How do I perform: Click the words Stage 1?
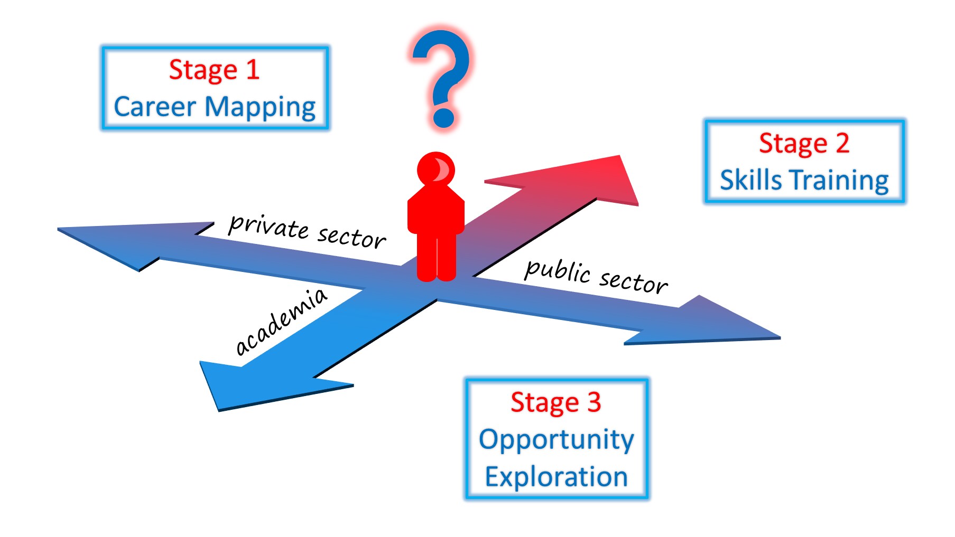tap(214, 70)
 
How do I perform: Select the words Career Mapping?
tap(215, 107)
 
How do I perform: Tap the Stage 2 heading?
tap(804, 144)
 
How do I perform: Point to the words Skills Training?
tap(804, 180)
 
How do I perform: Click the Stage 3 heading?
tap(556, 403)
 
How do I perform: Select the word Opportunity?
tap(556, 440)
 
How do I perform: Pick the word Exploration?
tap(557, 477)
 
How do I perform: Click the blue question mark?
tap(441, 78)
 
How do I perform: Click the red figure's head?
tap(436, 168)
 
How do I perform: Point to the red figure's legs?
tap(437, 258)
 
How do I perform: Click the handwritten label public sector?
tap(596, 277)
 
